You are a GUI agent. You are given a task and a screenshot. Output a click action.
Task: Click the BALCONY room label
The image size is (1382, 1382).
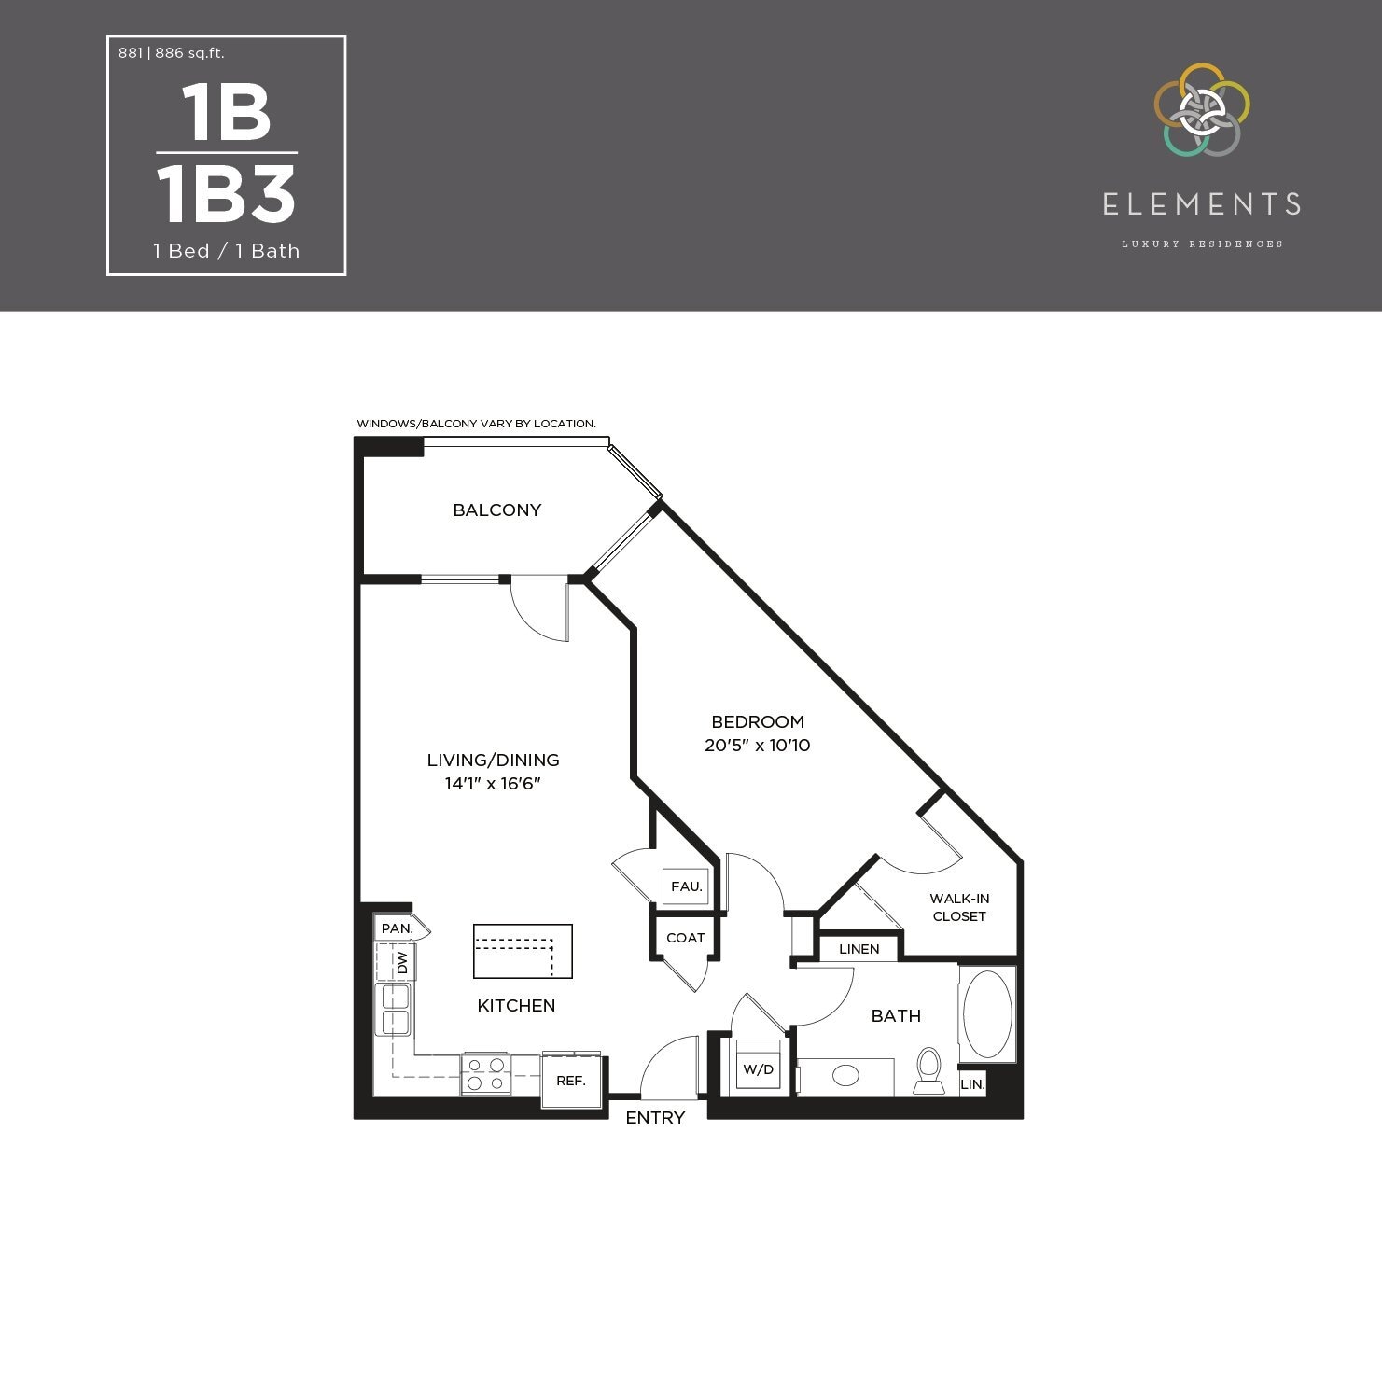[x=496, y=510]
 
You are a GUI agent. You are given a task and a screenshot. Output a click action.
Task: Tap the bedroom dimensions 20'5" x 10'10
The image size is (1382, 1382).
[x=757, y=746]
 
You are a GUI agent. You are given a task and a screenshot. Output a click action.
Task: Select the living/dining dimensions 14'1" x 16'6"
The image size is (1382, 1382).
[x=493, y=784]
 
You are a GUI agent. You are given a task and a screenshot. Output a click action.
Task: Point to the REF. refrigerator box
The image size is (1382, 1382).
[x=571, y=1081]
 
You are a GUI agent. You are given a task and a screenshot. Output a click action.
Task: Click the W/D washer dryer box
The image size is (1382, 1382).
[x=758, y=1068]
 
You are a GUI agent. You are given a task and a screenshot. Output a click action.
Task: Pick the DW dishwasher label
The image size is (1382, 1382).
[x=402, y=962]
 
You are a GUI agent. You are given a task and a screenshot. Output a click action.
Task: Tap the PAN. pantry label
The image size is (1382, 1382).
[x=397, y=928]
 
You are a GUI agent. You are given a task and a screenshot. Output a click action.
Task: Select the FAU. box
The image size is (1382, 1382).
[x=686, y=886]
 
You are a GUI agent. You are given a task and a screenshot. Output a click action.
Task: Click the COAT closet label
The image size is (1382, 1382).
[x=685, y=938]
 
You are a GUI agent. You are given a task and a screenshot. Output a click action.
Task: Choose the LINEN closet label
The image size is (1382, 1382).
[x=859, y=949]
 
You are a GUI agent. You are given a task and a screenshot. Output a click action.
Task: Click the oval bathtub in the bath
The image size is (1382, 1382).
[x=987, y=1014]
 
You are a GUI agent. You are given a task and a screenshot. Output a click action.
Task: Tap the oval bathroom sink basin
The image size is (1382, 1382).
[x=845, y=1076]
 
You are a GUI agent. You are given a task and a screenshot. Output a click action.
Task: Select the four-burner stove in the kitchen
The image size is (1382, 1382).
[x=485, y=1074]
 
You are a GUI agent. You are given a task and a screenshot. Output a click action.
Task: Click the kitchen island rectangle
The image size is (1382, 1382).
[x=523, y=951]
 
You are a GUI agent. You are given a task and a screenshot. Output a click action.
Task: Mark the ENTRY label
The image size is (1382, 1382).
[x=655, y=1117]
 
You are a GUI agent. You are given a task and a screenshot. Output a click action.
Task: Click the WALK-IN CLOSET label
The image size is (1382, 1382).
[x=959, y=907]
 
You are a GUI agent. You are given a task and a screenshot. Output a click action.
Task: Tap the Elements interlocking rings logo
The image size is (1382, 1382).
[x=1201, y=110]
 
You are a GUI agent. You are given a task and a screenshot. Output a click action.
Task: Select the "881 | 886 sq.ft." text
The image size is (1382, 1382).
[x=172, y=53]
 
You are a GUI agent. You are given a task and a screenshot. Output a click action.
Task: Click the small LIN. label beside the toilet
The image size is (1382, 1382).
[x=972, y=1084]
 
